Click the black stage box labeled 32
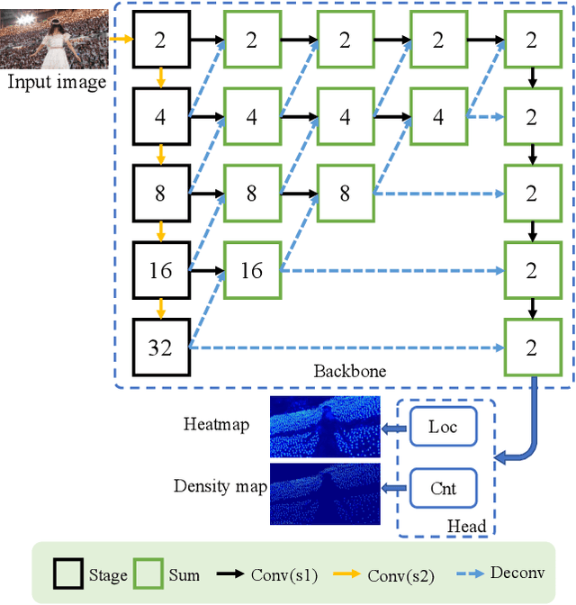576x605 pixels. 160,346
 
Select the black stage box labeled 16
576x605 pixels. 160,269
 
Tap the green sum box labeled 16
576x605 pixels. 252,269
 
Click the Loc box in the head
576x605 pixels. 442,427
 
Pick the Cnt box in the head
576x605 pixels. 442,488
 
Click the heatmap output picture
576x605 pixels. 323,428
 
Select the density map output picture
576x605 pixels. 323,492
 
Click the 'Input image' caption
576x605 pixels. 56,83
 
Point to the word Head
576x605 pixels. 466,527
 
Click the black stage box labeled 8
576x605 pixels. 160,193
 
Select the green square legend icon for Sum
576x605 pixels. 146,573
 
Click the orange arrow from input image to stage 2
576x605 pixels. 120,39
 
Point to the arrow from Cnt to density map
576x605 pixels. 393,488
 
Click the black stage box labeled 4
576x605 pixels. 160,116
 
